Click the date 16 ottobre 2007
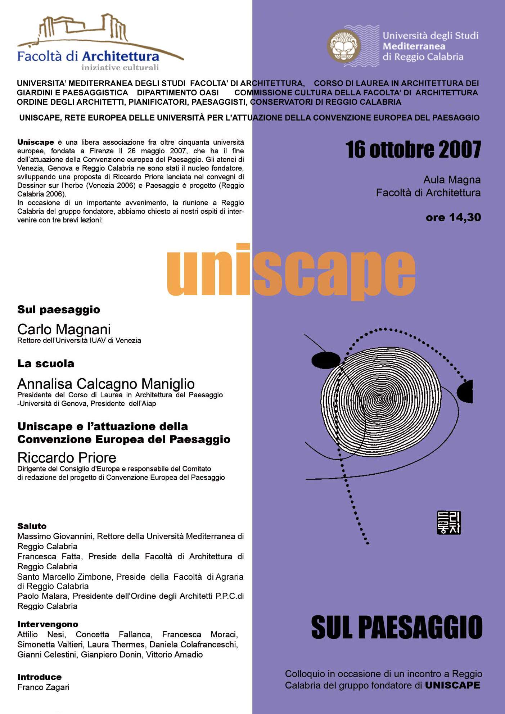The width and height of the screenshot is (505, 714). tap(413, 150)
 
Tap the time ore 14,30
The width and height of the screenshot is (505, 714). tap(453, 217)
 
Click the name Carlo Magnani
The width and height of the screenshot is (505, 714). tap(64, 329)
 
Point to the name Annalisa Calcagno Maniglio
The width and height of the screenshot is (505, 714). tap(106, 384)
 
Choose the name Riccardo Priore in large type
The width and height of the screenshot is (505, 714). tap(67, 458)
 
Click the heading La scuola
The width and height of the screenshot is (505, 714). tap(46, 363)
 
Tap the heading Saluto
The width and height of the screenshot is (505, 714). tap(32, 526)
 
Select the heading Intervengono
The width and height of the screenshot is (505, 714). tap(48, 624)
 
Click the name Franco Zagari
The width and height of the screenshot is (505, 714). tap(43, 687)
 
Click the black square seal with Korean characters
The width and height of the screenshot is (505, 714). tap(448, 523)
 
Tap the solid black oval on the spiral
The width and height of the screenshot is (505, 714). tap(326, 360)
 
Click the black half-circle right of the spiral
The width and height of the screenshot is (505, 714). tap(465, 391)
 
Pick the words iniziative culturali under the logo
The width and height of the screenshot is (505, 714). tap(120, 67)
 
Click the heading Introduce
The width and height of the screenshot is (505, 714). tap(39, 677)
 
